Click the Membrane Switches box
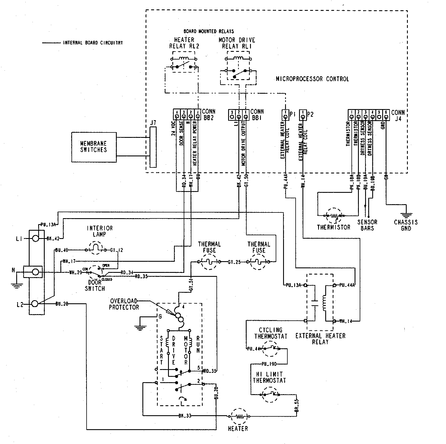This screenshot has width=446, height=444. (94, 147)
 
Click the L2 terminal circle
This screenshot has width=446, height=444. (35, 304)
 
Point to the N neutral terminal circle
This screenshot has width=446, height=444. (35, 272)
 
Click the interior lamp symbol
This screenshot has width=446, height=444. (96, 249)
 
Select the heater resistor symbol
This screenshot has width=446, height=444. (238, 416)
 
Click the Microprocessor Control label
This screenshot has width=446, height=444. (312, 79)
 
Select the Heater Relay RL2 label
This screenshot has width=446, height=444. (184, 43)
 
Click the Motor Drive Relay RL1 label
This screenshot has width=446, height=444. (236, 43)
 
